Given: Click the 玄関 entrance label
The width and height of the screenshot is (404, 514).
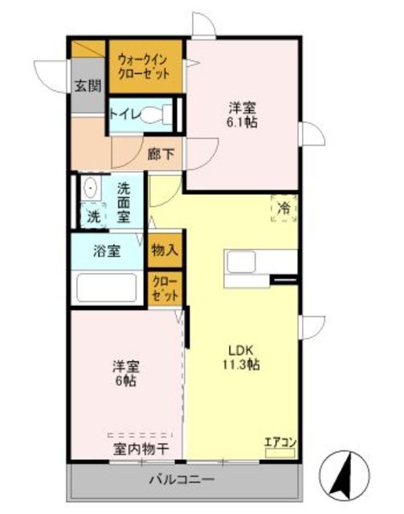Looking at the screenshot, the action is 88,86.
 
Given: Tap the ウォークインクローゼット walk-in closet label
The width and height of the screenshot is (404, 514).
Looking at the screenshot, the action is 144,67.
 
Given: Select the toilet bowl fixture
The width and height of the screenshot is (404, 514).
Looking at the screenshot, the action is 157,115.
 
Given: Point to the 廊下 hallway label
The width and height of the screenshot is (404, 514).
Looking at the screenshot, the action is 161,153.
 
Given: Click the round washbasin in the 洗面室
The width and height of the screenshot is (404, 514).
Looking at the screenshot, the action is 89,188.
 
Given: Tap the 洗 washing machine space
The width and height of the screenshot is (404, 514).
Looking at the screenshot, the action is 93,216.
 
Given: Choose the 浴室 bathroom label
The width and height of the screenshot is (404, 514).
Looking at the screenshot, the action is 107,251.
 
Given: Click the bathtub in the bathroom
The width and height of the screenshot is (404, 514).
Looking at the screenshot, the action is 107,288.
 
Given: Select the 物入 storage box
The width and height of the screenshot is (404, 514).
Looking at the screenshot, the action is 165,251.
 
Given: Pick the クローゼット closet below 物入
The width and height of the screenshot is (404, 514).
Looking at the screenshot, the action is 165,289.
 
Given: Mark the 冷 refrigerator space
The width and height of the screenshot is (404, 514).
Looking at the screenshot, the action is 284,209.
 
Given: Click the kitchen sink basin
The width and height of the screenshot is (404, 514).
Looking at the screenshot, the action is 241,261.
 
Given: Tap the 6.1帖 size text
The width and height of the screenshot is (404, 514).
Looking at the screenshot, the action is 241,122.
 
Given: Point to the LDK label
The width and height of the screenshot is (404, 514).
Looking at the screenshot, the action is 240,350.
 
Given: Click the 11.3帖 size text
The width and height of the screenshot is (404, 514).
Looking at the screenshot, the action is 241,365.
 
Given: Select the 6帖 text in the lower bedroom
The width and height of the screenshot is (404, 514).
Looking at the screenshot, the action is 126,381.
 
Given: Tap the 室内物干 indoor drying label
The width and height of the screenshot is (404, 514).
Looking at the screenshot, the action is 141,449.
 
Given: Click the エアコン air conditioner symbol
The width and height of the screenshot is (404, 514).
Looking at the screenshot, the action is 280,453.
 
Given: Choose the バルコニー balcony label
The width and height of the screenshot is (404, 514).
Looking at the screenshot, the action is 182,480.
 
